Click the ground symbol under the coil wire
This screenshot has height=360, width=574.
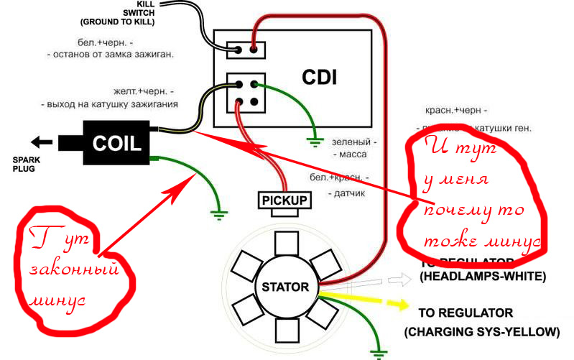218,212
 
